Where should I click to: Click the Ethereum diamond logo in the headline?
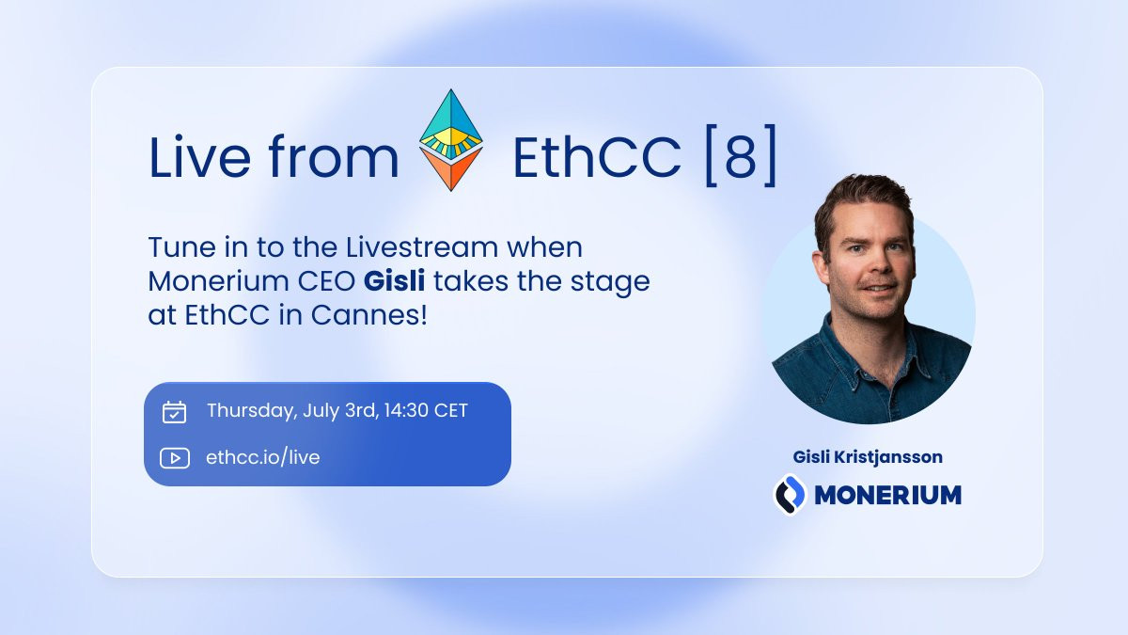coord(450,140)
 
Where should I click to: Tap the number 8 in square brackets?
coord(742,157)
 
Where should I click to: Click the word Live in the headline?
coord(199,156)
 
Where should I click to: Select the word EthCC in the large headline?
coord(597,157)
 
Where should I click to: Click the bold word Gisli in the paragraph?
coord(394,280)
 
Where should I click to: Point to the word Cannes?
coord(368,315)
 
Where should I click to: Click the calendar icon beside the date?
coord(174,412)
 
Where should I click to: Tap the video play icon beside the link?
coord(175,458)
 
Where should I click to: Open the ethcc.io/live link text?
coord(263,457)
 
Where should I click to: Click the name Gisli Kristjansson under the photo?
coord(868,457)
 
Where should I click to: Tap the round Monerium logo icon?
coord(790,495)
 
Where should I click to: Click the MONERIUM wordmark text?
coord(887,495)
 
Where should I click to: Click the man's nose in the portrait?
coord(876,264)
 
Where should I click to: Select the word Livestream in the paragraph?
coord(421,247)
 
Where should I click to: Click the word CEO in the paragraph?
coord(326,281)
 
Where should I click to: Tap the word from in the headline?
coord(334,156)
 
